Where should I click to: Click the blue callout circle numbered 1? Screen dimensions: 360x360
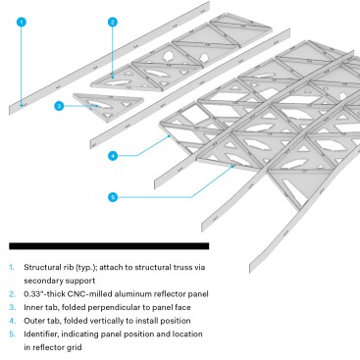[22, 23]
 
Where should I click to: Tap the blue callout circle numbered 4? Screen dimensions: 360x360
[113, 156]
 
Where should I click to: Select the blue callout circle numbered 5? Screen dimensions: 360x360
[113, 197]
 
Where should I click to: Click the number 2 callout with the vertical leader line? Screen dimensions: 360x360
[113, 23]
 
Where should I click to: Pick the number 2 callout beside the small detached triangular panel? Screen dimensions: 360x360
[59, 106]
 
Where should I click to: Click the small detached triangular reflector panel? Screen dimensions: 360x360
[108, 106]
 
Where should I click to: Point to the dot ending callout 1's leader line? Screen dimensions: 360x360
[22, 105]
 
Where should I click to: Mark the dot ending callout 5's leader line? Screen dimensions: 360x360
[232, 166]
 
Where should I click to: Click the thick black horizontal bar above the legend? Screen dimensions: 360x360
[109, 246]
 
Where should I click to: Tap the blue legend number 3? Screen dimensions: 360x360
[12, 307]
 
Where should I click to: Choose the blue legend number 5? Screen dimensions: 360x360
[12, 334]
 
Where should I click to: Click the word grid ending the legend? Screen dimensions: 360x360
[75, 347]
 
